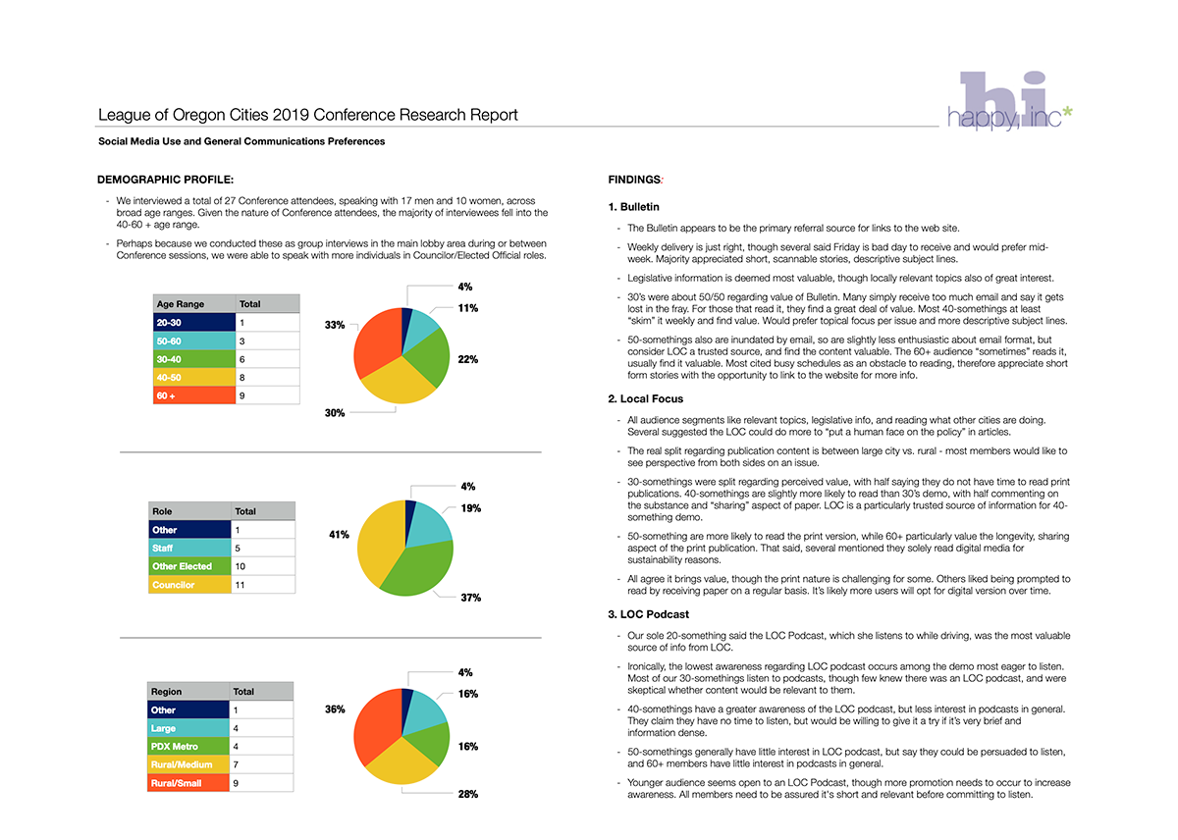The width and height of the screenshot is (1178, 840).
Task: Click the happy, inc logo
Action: pos(1010,100)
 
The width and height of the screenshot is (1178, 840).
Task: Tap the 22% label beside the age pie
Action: pos(467,359)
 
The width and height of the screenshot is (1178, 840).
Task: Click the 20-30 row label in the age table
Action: pos(194,322)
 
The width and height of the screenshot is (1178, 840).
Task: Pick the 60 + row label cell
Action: pos(194,395)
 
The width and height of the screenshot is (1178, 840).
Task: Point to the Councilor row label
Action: pos(189,585)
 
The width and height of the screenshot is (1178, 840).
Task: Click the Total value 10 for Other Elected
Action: pos(240,566)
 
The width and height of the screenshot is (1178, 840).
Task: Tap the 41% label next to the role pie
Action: pos(339,535)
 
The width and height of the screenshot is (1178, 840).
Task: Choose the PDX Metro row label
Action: pos(188,747)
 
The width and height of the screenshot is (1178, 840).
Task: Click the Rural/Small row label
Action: pos(188,783)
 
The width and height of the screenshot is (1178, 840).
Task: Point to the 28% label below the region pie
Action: pos(467,794)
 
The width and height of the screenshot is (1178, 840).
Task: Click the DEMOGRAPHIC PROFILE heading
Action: pos(165,180)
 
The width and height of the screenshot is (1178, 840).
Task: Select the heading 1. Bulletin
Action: pos(633,207)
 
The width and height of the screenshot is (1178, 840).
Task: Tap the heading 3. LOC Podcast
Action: pos(648,614)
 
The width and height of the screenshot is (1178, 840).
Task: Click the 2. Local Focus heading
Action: pos(645,399)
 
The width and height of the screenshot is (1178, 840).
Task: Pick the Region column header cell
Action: pos(188,691)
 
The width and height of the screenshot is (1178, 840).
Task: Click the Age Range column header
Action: pos(194,304)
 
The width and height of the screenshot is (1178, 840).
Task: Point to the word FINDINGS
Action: pos(634,180)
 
